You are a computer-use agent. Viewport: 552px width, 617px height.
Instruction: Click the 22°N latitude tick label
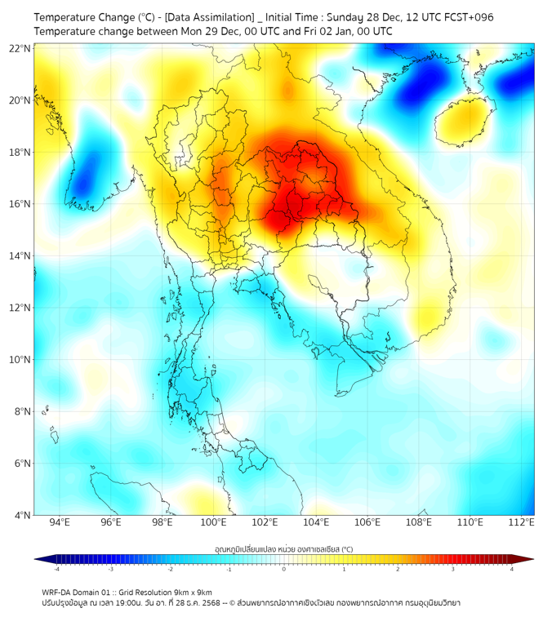20,48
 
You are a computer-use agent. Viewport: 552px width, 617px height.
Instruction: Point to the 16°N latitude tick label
20,204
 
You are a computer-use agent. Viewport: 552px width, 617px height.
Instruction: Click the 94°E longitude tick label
60,522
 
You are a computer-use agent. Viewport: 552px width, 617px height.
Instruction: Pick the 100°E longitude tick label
213,522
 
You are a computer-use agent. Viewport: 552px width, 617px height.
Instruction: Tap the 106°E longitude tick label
367,522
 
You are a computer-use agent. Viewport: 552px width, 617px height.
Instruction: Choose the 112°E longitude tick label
522,522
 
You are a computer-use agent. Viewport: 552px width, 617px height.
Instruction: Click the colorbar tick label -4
56,569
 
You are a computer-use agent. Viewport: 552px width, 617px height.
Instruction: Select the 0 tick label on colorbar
284,569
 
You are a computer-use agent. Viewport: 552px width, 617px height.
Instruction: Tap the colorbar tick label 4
512,569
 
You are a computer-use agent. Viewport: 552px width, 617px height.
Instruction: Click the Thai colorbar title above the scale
283,549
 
